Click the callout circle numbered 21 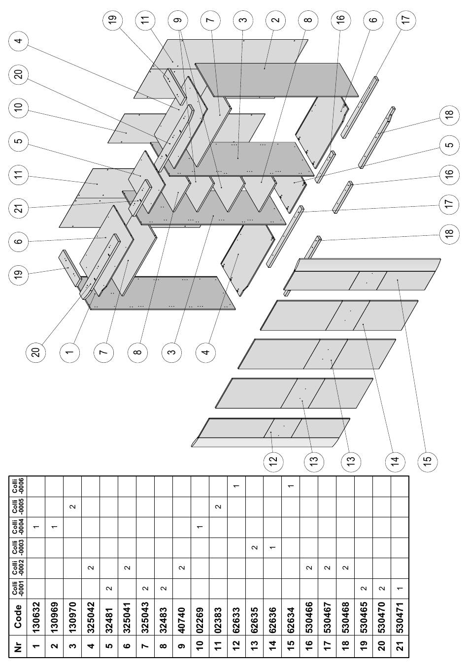tap(19, 208)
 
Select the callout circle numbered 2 tap(276, 20)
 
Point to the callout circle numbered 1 tap(69, 352)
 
